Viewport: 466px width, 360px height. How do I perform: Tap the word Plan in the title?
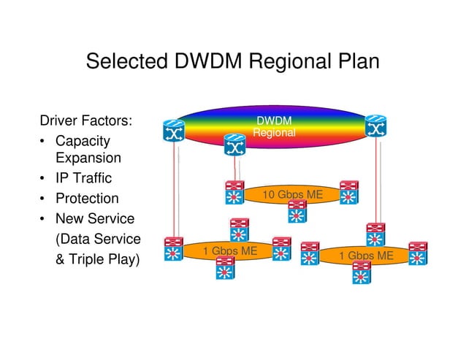354,61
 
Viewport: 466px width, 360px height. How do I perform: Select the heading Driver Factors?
85,120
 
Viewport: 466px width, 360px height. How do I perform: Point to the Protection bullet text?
87,199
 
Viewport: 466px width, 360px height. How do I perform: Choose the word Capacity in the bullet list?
83,140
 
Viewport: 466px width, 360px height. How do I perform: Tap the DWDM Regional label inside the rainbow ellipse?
274,126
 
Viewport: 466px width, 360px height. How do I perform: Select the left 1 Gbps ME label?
230,251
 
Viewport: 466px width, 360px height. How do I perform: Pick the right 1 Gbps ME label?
367,255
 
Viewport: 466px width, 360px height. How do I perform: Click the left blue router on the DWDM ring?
174,129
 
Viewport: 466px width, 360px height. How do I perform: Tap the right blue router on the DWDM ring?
377,129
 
